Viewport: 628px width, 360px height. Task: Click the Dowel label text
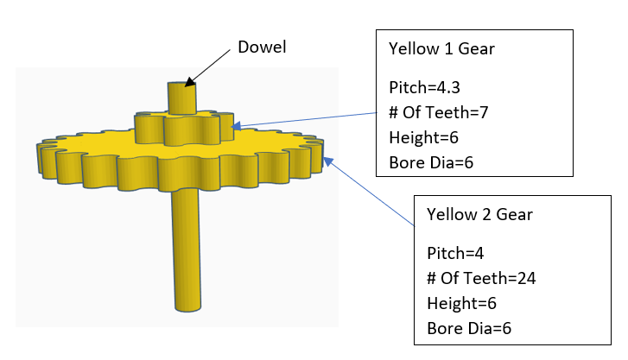coord(261,46)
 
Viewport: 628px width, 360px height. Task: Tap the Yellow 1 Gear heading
coord(441,49)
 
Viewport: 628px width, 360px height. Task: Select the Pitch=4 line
coord(451,253)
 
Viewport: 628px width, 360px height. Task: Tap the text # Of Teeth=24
coord(476,278)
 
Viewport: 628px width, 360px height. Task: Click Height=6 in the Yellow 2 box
coord(460,303)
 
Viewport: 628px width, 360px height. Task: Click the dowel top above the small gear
coord(182,97)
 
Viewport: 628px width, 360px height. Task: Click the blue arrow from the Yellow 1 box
coord(302,117)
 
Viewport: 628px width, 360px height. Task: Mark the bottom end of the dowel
coord(186,306)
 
